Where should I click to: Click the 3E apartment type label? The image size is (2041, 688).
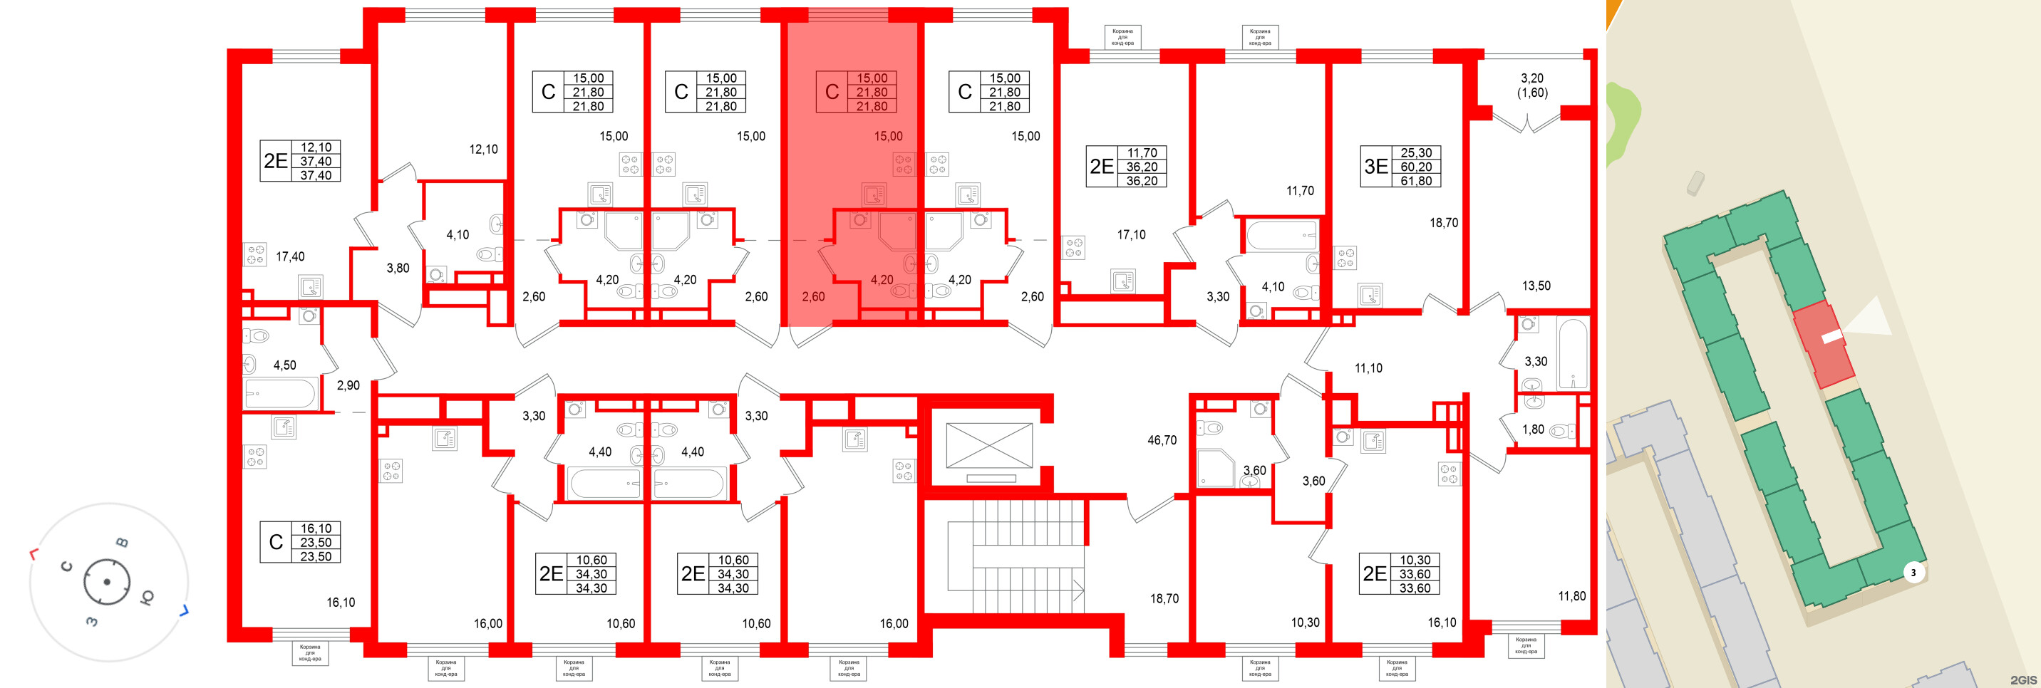coord(1376,166)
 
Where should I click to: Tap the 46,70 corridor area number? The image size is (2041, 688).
coord(1162,440)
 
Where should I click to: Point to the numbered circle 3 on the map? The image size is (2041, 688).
coord(1913,573)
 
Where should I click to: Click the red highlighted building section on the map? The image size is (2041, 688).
coord(1822,345)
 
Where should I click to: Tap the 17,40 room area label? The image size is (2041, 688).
coord(290,256)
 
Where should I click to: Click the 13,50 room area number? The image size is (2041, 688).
coord(1536,286)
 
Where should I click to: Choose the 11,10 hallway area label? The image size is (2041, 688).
coord(1368,368)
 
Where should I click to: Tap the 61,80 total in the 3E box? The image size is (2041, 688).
coord(1416,180)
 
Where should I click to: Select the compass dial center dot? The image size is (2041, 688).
coord(106,582)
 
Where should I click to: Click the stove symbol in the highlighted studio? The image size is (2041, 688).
coord(903,165)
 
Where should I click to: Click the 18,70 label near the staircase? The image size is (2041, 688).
coord(1164,598)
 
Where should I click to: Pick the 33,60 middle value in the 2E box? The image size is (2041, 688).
coord(1415,574)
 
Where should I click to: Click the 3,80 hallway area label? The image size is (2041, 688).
coord(398,269)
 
